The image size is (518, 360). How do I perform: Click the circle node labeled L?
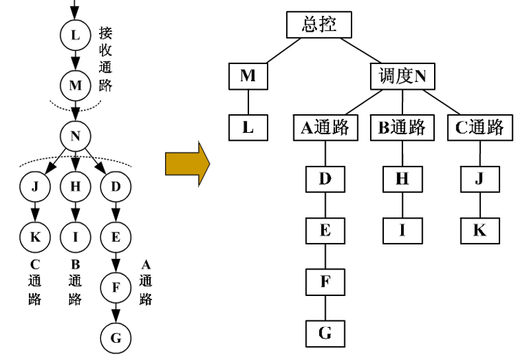75,34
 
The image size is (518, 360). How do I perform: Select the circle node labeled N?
75,136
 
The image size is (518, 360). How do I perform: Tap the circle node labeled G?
116,338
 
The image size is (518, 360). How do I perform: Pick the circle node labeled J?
35,186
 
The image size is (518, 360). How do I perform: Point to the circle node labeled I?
75,236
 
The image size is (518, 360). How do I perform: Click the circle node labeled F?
116,287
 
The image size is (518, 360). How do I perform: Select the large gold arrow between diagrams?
187,162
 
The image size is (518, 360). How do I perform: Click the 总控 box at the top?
319,26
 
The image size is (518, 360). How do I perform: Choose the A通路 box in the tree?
325,127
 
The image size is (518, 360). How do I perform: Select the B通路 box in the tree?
402,127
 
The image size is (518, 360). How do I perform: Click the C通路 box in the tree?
479,127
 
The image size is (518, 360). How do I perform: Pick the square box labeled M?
248,76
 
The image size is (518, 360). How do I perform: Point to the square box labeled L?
248,127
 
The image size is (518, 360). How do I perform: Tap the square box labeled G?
325,333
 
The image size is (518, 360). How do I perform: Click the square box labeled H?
402,178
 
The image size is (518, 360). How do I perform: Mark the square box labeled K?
479,230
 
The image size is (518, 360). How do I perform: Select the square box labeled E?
325,230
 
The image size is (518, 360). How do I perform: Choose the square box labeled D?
325,178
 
